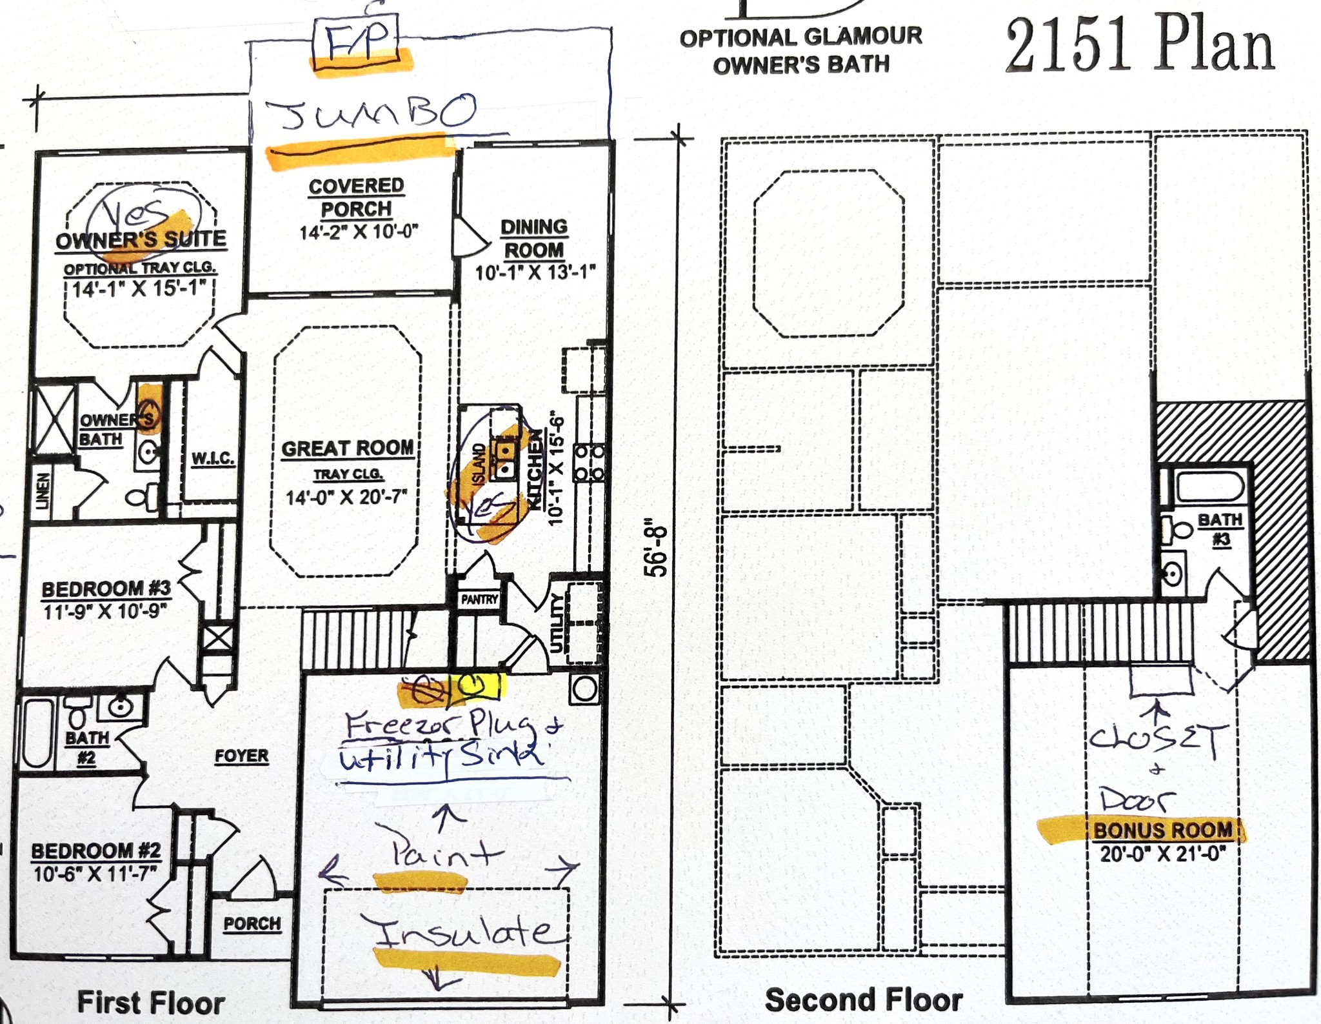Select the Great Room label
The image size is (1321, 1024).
348,448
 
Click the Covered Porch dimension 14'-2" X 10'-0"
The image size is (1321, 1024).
359,232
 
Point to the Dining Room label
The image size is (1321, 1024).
534,238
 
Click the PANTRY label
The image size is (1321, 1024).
479,599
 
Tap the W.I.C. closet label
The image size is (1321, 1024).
213,459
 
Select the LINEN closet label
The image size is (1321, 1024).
43,491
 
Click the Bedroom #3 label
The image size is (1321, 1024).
106,588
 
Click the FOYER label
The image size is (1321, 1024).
241,756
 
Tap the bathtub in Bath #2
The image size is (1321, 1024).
37,734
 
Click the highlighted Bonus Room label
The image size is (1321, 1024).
1162,830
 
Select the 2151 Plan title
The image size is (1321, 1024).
1140,45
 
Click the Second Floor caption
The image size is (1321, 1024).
864,1000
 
